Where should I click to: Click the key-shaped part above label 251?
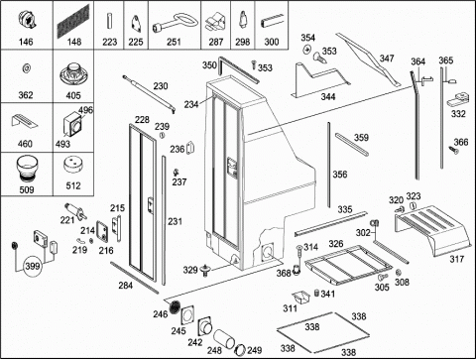coord(176,23)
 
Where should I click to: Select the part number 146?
coord(26,42)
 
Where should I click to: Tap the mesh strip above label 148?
coord(73,21)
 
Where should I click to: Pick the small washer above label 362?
coord(26,68)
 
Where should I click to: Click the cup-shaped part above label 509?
coord(27,169)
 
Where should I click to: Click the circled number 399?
coord(33,266)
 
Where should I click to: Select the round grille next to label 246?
coord(175,306)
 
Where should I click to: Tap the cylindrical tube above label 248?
coord(224,338)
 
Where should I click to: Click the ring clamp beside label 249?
coord(240,350)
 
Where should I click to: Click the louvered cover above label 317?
coord(432,230)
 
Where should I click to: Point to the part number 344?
coord(328,96)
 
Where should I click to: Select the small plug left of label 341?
coord(316,293)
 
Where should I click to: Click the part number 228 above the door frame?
coord(142,119)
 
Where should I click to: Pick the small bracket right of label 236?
coord(190,148)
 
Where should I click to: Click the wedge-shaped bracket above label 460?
coord(25,121)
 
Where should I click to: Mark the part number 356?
coord(340,175)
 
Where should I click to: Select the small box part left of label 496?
coord(72,125)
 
